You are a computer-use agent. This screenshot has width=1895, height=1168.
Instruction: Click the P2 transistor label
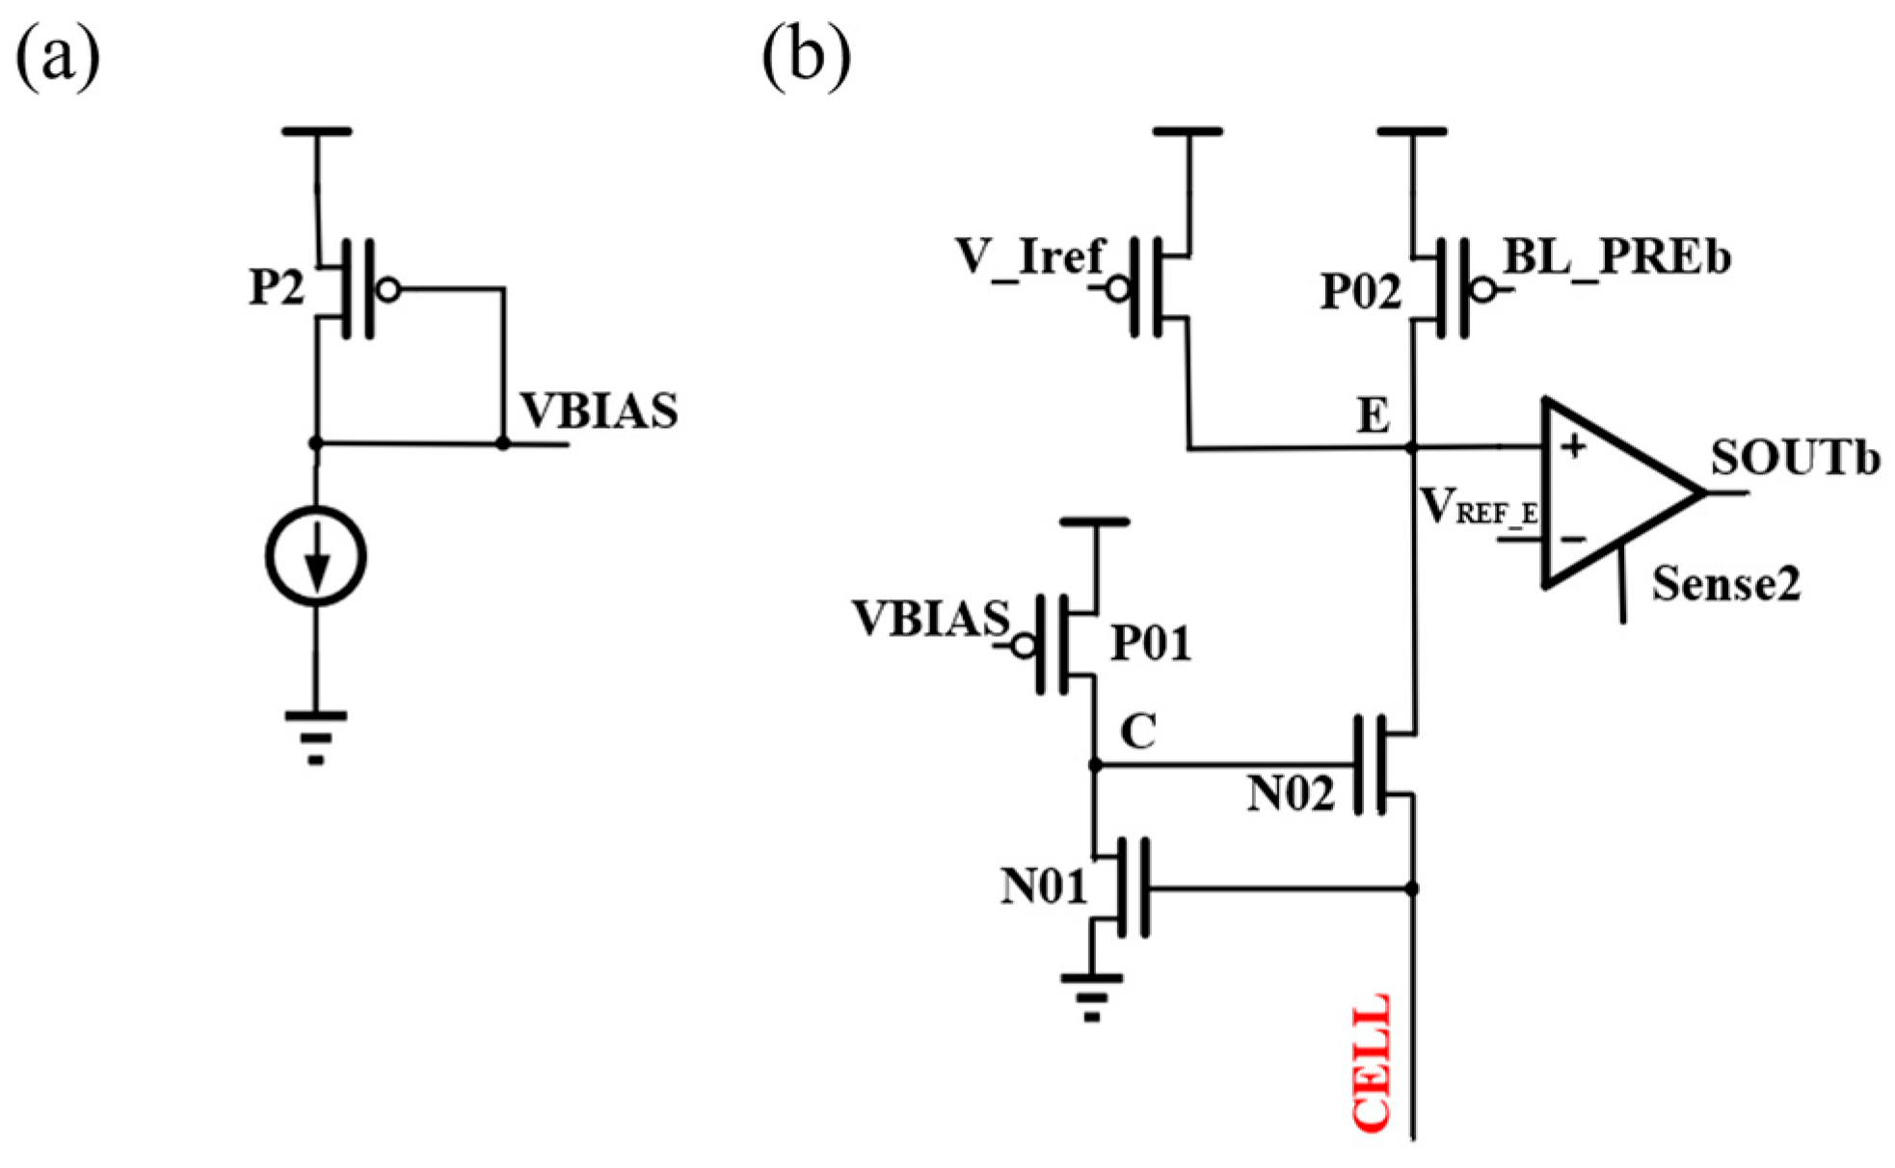(277, 287)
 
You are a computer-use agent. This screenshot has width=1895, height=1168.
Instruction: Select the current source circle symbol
(316, 557)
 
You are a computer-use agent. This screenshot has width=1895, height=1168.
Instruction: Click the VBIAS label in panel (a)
(600, 411)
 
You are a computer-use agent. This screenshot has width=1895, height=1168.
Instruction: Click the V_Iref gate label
(1029, 257)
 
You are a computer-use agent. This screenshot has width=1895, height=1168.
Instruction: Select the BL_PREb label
(1617, 257)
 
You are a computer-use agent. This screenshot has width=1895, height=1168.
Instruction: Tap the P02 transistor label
(1360, 291)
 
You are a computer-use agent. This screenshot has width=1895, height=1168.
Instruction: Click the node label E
(1374, 416)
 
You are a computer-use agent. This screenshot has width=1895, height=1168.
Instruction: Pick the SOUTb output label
(1795, 459)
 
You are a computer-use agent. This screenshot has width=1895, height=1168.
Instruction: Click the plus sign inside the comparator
(1573, 446)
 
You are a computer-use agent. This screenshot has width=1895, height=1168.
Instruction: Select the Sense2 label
(1725, 584)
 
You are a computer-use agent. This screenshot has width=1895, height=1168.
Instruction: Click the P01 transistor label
(1151, 643)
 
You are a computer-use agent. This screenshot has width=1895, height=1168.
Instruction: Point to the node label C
(1138, 732)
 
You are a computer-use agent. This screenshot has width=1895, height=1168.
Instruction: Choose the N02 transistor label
(1291, 795)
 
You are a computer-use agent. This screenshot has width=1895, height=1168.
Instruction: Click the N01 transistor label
(1044, 887)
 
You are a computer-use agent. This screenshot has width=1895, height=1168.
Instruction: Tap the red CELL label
(1372, 1062)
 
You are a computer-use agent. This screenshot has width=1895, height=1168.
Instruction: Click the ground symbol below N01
(1091, 996)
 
